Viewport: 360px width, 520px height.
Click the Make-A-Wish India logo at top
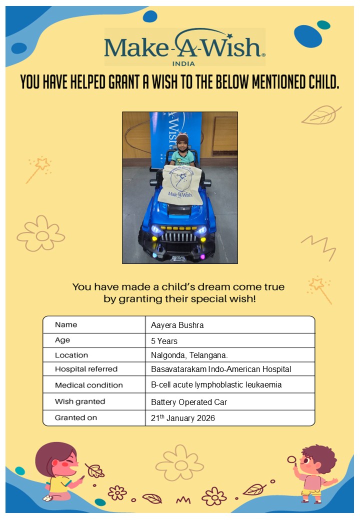[x=184, y=47]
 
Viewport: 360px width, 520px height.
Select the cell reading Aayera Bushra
[x=177, y=325]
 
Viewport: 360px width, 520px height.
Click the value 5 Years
[x=164, y=341]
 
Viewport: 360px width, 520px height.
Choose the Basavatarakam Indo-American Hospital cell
[x=221, y=369]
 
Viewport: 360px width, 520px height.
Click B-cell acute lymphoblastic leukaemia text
[x=216, y=385]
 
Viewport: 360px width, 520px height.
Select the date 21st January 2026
[x=183, y=418]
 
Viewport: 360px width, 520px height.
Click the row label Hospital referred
[x=86, y=369]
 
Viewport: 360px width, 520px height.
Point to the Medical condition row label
[x=88, y=385]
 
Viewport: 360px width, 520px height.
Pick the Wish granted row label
[x=80, y=401]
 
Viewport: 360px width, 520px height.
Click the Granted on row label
[x=76, y=417]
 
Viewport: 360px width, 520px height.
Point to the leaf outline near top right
[x=320, y=115]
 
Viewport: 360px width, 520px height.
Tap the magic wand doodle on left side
[x=38, y=169]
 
